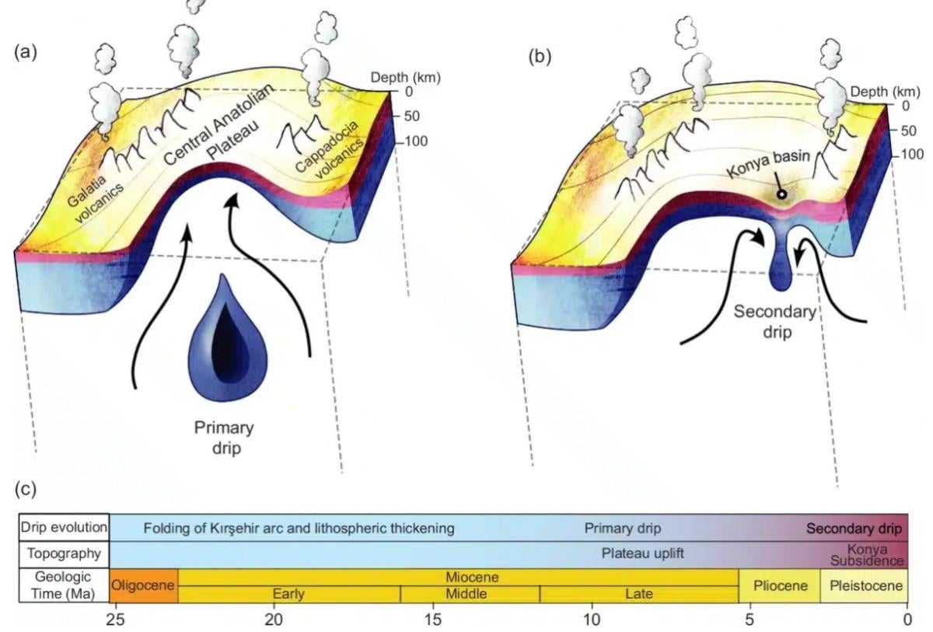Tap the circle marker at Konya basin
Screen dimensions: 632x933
pyautogui.click(x=781, y=195)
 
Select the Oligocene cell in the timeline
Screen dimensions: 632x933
pyautogui.click(x=144, y=585)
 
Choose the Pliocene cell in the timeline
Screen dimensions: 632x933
pyautogui.click(x=779, y=585)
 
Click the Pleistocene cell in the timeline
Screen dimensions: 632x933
pyautogui.click(x=863, y=585)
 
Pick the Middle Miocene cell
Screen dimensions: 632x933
pyautogui.click(x=470, y=595)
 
